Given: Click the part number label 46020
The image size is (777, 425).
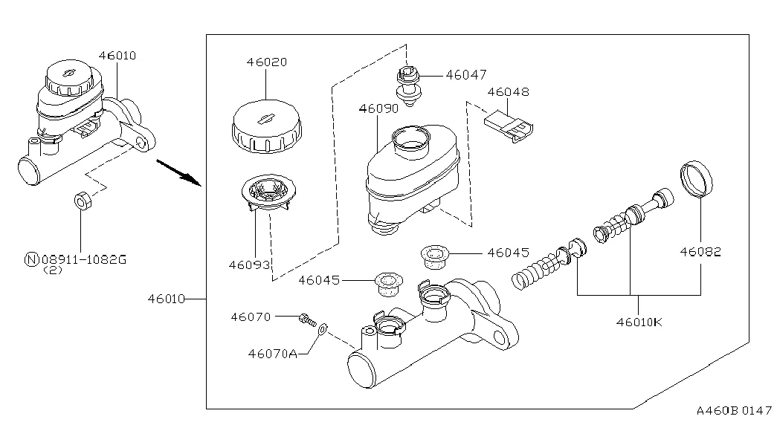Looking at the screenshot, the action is click(x=267, y=62).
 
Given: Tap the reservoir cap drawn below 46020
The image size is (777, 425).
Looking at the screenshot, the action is click(x=267, y=126).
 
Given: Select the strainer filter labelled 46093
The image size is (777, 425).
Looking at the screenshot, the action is click(x=268, y=194).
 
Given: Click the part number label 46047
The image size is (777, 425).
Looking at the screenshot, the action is click(x=465, y=75).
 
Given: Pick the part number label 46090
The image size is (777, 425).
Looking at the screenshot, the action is click(x=378, y=108).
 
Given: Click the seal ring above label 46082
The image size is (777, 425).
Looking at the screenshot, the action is click(x=696, y=179).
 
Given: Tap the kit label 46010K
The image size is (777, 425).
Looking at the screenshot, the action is click(x=639, y=322).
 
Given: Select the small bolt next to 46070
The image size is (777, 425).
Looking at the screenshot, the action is click(x=307, y=319).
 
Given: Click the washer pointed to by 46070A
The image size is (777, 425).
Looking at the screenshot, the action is click(x=323, y=328).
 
